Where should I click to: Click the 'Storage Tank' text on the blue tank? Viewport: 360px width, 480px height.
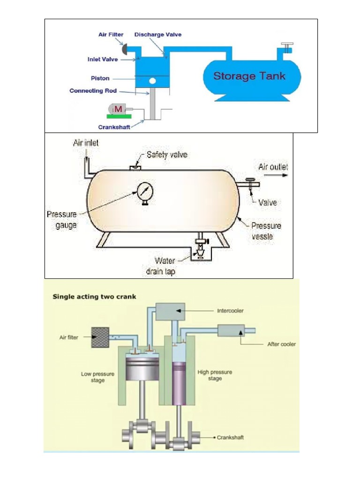[x=249, y=76]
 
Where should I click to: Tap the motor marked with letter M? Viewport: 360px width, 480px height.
[x=119, y=109]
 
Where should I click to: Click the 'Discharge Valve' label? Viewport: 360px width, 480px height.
[x=158, y=35]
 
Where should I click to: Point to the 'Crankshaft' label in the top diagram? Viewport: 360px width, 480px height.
[x=114, y=127]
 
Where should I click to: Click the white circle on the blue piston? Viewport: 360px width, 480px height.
[x=152, y=82]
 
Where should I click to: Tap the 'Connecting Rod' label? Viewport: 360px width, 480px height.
[x=93, y=90]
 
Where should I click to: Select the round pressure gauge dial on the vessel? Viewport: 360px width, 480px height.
[x=144, y=191]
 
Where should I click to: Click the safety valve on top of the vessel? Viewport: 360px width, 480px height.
[x=136, y=166]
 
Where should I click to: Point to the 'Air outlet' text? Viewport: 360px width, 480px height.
[x=273, y=167]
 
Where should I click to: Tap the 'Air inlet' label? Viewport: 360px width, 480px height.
[x=86, y=143]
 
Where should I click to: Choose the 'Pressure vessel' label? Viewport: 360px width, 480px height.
[x=266, y=231]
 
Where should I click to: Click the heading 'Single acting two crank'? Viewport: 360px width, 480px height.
[x=94, y=296]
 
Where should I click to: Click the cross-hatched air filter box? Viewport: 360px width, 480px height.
[x=100, y=337]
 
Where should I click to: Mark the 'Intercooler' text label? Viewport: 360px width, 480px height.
[x=231, y=310]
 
